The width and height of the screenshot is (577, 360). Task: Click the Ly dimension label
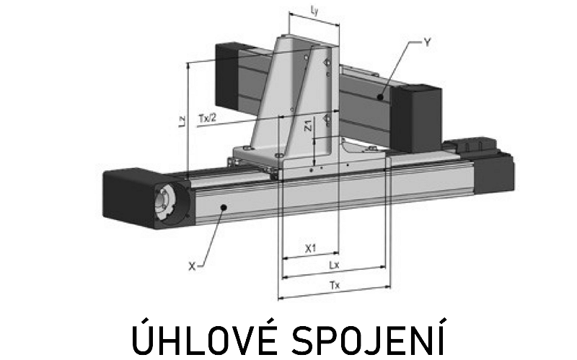coord(314,11)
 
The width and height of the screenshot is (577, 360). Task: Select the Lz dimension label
coord(182,122)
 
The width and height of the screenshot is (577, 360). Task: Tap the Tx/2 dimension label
coord(208,118)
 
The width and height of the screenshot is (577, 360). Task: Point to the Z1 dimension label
coord(309,125)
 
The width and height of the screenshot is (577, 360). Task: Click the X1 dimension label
coord(311,248)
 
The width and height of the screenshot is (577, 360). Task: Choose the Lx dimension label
coord(334,265)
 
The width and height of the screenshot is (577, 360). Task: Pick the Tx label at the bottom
coord(335,285)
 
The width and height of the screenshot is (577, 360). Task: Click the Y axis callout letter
coord(427,43)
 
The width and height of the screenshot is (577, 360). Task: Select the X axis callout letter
coord(192,266)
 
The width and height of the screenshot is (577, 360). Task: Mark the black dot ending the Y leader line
coord(380,97)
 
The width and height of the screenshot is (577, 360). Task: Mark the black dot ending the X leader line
coord(223,208)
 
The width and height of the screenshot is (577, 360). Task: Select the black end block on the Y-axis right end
coord(416,118)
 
